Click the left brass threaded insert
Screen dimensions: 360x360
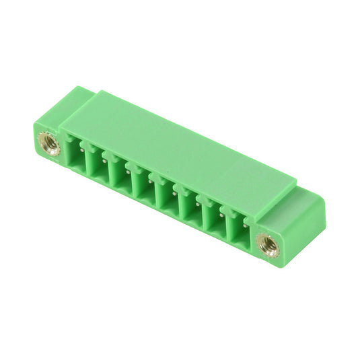[48, 143]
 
